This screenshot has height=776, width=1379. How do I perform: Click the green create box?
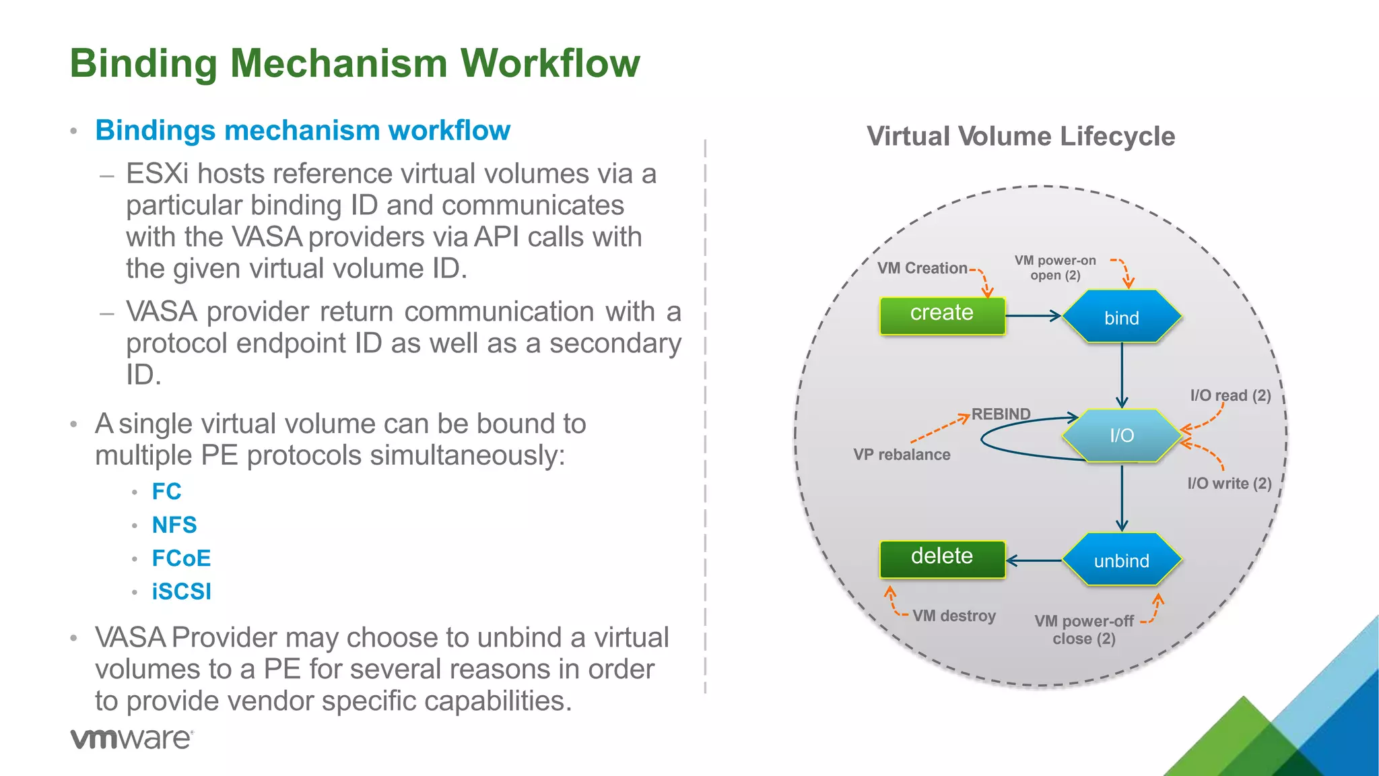(941, 315)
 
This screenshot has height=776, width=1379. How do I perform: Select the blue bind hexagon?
(1121, 317)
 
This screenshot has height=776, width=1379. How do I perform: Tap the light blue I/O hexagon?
(1121, 435)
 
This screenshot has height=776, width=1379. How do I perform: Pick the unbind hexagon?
(1121, 560)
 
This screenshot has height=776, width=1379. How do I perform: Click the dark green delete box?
(941, 558)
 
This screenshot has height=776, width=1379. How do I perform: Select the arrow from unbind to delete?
(1034, 560)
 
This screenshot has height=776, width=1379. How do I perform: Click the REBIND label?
(1001, 414)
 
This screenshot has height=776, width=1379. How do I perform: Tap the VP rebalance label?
(902, 455)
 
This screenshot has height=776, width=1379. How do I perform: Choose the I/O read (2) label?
(1230, 395)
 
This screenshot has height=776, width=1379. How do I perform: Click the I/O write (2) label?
(1229, 483)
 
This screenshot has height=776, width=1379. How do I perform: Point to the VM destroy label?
(953, 616)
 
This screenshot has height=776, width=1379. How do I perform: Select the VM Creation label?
(922, 268)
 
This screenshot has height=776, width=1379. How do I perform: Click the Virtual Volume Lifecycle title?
(1020, 136)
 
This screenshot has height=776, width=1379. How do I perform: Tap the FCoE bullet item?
(181, 558)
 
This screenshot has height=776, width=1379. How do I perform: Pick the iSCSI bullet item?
(181, 591)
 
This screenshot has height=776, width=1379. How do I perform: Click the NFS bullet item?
(174, 525)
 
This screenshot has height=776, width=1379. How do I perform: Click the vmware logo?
(132, 738)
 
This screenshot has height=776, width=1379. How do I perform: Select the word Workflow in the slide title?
(549, 63)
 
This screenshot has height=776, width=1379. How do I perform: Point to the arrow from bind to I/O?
(1121, 375)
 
